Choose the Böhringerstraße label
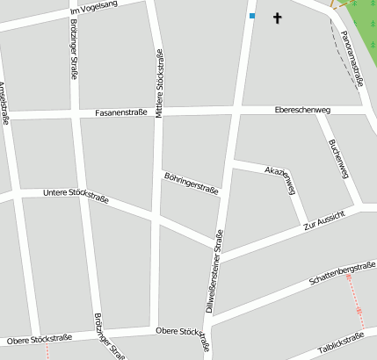(x=191, y=182)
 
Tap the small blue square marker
(x=252, y=16)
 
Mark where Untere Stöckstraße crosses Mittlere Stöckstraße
(x=156, y=214)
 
